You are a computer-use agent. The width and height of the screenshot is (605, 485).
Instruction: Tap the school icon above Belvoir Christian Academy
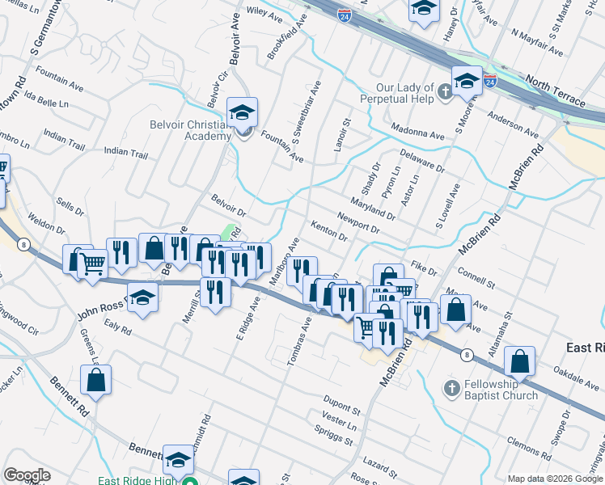tap(242, 112)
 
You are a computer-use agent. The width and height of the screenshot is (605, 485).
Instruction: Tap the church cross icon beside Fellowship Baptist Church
tap(452, 389)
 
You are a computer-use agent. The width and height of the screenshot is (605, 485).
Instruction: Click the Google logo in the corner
tap(27, 475)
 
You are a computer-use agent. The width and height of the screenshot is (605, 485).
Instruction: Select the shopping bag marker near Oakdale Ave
tap(519, 361)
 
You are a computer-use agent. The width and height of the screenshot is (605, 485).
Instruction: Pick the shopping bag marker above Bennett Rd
tap(95, 381)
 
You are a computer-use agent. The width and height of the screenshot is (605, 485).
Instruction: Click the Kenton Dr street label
tap(329, 232)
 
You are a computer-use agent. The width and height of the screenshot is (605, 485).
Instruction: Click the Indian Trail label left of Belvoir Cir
tap(125, 152)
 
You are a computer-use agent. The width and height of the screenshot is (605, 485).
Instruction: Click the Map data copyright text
tap(555, 478)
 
